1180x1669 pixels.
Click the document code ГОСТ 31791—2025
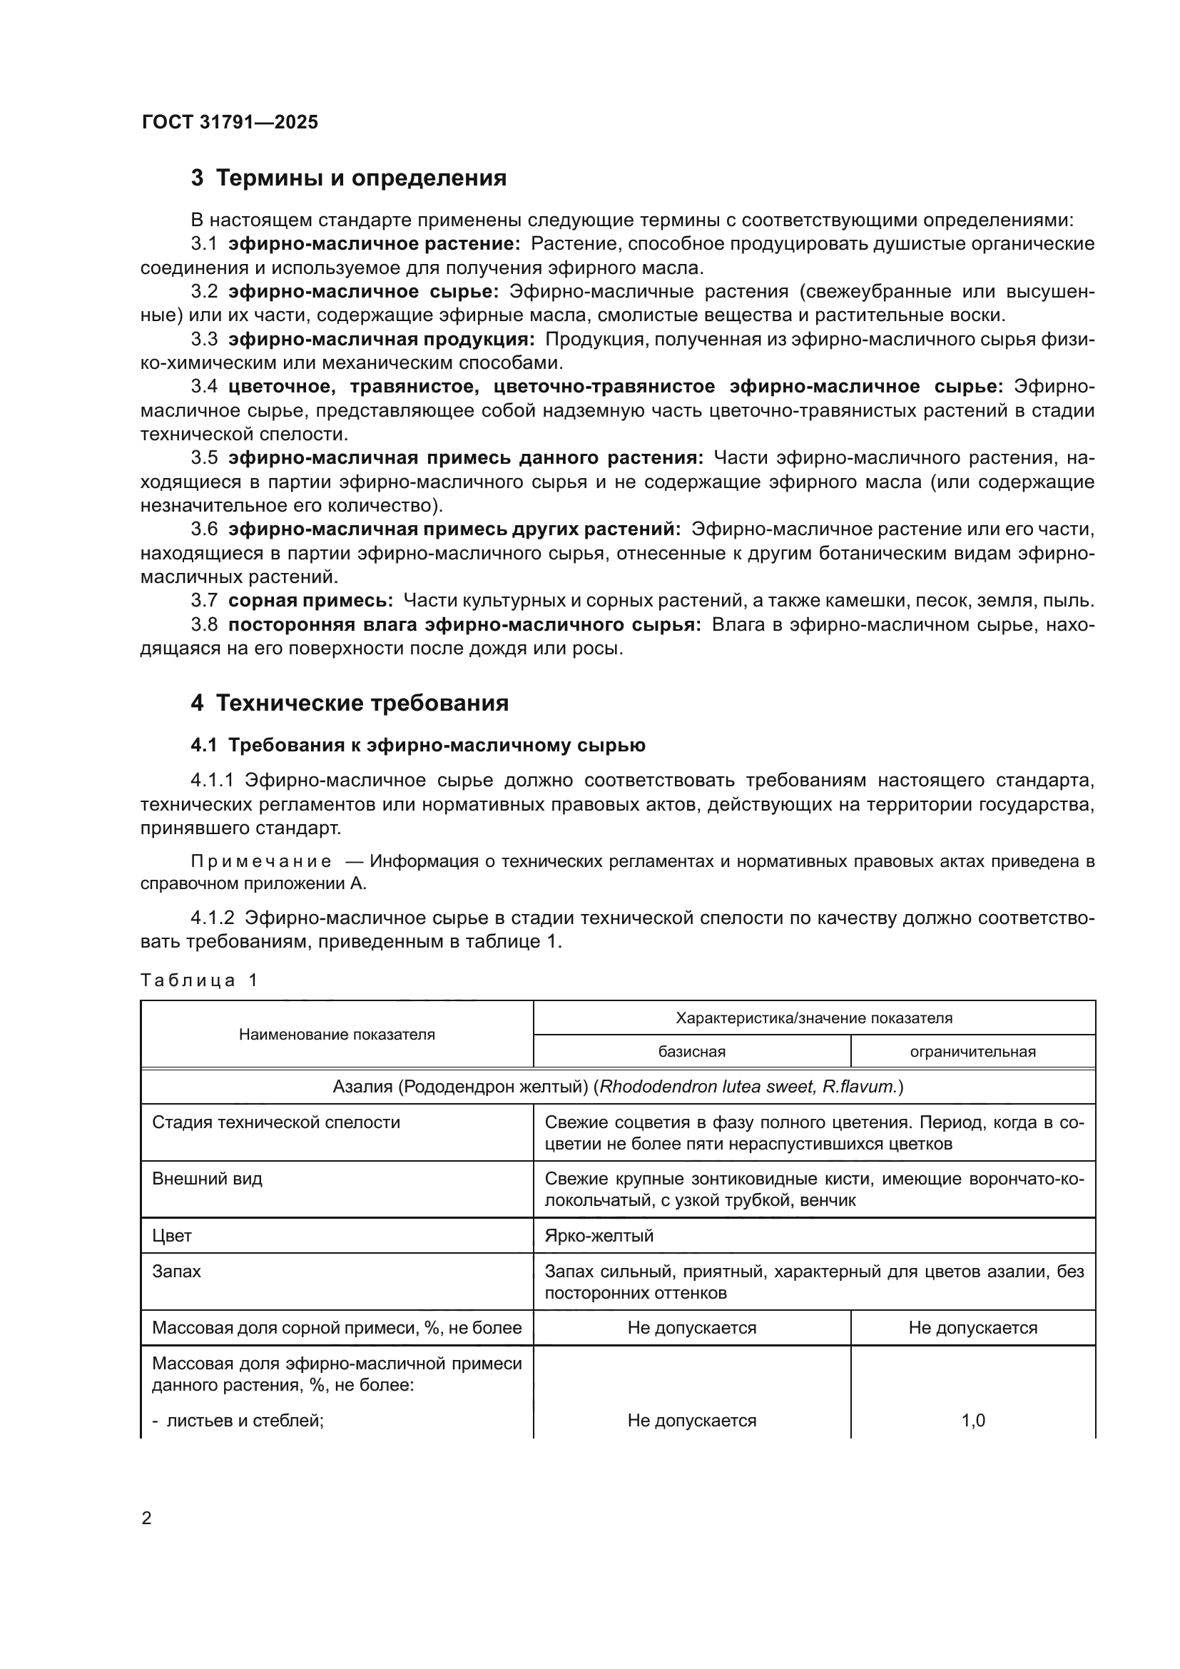(x=230, y=122)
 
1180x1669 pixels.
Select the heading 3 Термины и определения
(x=349, y=178)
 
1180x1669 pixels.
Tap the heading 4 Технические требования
(x=350, y=703)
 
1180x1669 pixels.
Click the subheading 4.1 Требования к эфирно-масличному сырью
(x=418, y=745)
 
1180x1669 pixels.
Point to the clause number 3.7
(x=204, y=600)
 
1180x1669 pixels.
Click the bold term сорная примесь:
(x=310, y=600)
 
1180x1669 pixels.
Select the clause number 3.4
(x=204, y=386)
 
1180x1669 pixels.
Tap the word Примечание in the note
(x=261, y=861)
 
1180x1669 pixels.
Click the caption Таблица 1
(x=199, y=980)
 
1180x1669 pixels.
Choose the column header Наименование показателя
(x=337, y=1035)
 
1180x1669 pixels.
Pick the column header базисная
(x=692, y=1051)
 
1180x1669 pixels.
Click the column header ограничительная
(x=972, y=1051)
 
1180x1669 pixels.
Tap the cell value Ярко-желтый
(x=599, y=1236)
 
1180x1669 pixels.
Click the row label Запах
(x=176, y=1272)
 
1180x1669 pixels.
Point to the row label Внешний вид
(x=207, y=1178)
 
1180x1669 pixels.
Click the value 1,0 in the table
(x=973, y=1421)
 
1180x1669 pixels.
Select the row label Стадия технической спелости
(x=276, y=1122)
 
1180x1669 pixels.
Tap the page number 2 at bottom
(x=146, y=1518)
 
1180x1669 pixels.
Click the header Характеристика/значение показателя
(x=814, y=1018)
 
